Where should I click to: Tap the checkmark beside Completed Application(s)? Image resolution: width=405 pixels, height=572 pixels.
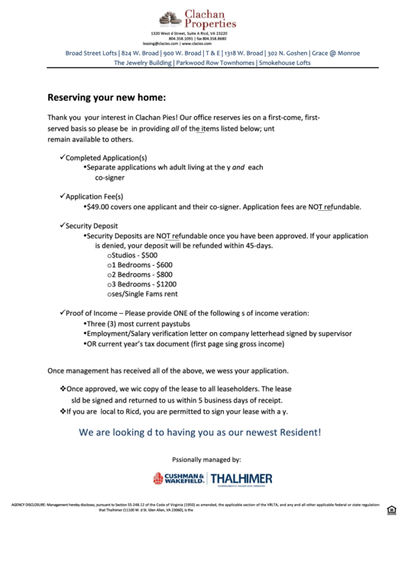(x=62, y=157)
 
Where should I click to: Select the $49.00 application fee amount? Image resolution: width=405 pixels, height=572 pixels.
(x=100, y=206)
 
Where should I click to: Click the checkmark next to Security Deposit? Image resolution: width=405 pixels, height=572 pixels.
(x=62, y=226)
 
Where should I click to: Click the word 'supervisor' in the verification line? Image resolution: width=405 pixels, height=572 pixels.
(x=334, y=334)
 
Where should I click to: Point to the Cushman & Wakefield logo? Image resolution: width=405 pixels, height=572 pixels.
(x=178, y=478)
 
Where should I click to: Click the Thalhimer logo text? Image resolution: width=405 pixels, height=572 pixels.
(x=241, y=479)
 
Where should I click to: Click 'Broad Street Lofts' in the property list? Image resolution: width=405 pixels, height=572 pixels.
(x=91, y=53)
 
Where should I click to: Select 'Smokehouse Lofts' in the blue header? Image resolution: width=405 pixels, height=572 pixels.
(x=284, y=63)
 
